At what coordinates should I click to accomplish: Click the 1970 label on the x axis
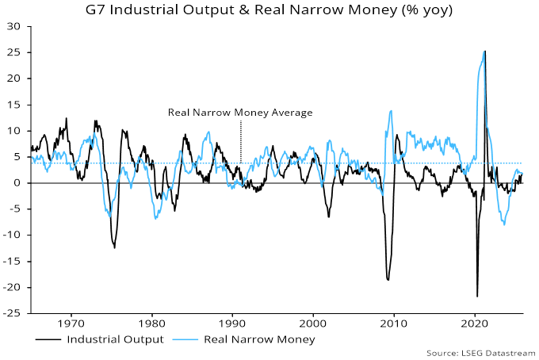coord(71,324)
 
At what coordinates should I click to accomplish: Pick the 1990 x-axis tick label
coord(232,324)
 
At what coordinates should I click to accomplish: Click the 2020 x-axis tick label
coord(474,324)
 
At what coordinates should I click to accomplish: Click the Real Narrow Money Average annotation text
coord(240,113)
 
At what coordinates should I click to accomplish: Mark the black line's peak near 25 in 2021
coord(485,52)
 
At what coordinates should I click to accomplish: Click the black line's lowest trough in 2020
coord(477,297)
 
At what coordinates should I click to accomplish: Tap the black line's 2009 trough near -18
coord(388,279)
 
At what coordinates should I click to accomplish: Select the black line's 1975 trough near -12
coord(114,248)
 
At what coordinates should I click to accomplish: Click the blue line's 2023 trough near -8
coord(503,224)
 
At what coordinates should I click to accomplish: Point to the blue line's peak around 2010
coord(391,111)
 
